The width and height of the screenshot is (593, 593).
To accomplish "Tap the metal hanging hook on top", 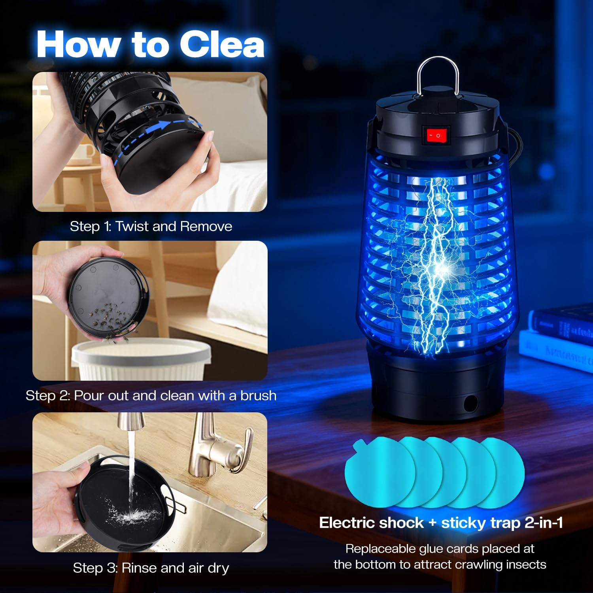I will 438,75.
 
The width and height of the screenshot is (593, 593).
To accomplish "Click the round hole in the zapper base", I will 470,403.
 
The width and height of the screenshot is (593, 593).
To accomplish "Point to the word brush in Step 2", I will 258,396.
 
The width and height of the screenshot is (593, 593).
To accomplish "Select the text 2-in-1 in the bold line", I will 544,523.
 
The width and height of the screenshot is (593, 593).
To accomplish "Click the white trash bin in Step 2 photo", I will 142,360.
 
